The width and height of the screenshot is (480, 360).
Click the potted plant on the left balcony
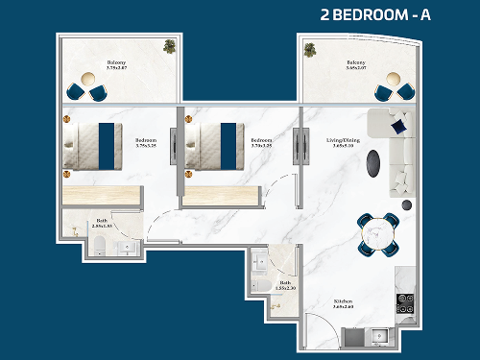[169, 45]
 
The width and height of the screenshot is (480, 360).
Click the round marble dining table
[379, 233]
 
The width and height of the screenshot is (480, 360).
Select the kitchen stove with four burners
[405, 299]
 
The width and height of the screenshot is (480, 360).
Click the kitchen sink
[376, 336]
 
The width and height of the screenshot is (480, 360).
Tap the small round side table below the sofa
[408, 205]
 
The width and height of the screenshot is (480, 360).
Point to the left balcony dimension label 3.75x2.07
[117, 70]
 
